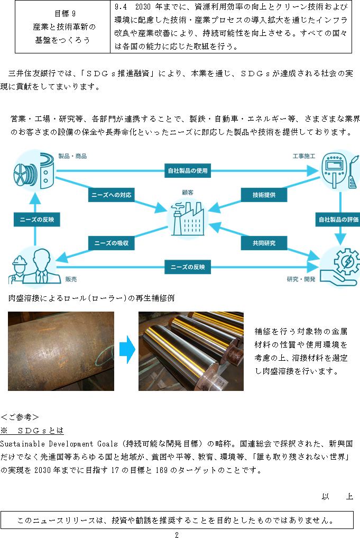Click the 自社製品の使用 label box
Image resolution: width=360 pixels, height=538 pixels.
[x=188, y=170]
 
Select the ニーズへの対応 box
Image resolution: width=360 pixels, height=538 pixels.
[x=112, y=195]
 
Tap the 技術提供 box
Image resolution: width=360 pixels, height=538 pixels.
[x=264, y=195]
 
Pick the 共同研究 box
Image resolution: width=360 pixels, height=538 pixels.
[x=264, y=243]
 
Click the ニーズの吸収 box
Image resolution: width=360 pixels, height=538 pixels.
[x=112, y=243]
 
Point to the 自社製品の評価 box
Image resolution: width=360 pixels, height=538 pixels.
[x=338, y=219]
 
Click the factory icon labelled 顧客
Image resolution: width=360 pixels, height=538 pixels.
[x=187, y=218]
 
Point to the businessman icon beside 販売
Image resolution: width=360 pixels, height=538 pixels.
[x=41, y=266]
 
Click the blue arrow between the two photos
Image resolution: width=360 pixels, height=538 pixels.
[x=127, y=349]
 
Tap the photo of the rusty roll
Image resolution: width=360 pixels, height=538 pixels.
[x=61, y=351]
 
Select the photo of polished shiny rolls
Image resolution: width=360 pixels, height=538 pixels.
[x=191, y=351]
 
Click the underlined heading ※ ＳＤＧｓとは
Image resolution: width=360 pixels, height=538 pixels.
[x=32, y=430]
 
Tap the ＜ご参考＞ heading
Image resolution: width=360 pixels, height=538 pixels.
[x=20, y=417]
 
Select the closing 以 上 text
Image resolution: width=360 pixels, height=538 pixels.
[x=337, y=496]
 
